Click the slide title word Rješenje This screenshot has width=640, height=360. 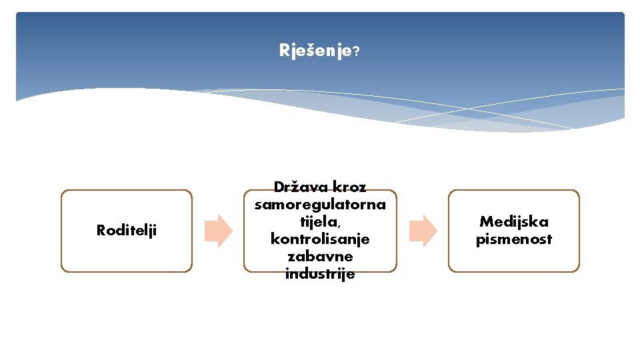pos(315,51)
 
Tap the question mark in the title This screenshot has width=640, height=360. pos(357,51)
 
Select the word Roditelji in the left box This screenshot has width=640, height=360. pos(127,231)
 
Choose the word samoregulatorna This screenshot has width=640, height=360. pos(320,204)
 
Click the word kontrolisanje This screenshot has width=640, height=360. pos(320,238)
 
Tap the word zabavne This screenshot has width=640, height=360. pos(320,256)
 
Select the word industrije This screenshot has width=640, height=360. pos(320,273)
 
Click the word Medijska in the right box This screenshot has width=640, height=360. pos(513,222)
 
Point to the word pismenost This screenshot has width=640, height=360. pos(513,239)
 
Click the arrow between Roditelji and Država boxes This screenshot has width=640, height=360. pos(219,231)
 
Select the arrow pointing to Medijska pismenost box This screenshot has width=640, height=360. pos(423,231)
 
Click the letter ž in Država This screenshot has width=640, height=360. pos(298,187)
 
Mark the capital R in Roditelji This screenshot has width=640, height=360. pos(101,231)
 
